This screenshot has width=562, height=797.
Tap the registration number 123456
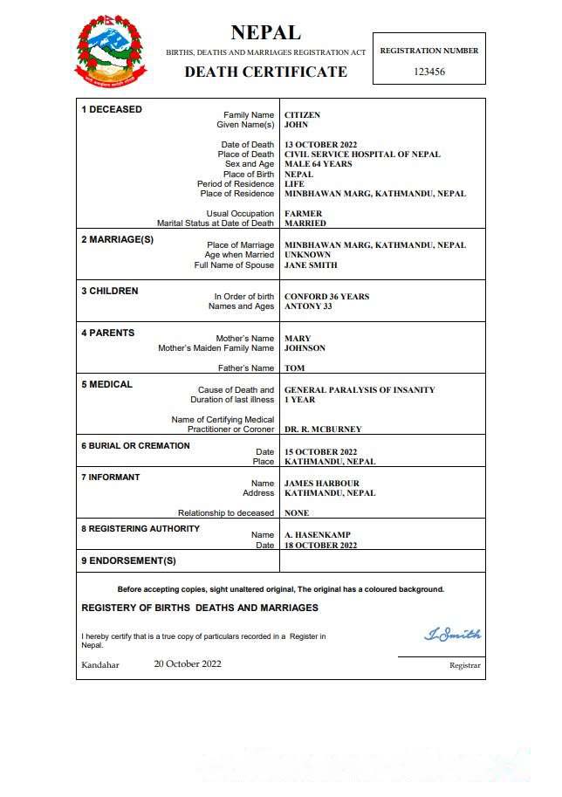point(428,72)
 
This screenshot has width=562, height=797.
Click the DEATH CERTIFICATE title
point(265,72)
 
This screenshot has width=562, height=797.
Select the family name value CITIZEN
point(302,115)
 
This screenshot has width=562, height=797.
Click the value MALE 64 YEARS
point(319,164)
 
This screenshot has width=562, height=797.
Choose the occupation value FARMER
point(304,214)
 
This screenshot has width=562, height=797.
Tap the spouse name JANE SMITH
point(311,265)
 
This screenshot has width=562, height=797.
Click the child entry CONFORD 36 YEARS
point(326,297)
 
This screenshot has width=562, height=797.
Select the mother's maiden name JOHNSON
point(305,348)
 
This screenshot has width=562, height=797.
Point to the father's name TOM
point(295,368)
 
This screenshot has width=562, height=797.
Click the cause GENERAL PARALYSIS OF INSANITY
point(360,390)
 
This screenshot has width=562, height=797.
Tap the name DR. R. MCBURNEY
point(323,429)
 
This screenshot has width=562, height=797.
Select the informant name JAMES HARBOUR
point(322,484)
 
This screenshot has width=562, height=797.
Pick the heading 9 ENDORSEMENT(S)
point(128,560)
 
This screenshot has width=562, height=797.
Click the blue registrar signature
point(452,635)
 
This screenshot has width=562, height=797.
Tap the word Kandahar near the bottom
point(100,665)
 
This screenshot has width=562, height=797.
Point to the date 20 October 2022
point(188,663)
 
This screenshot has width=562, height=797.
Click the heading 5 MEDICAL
point(106,384)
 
